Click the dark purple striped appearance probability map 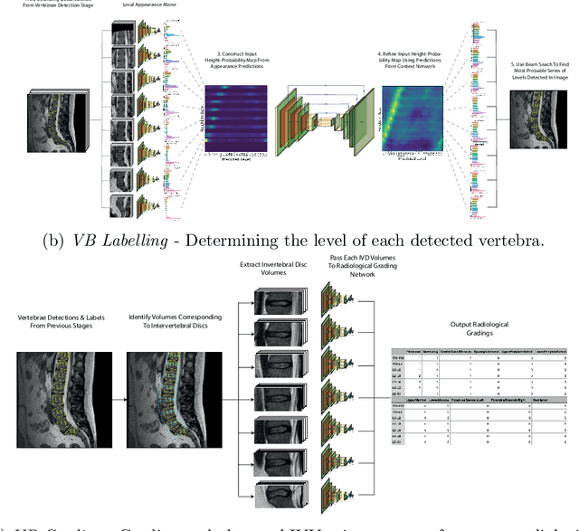[x=236, y=117]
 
